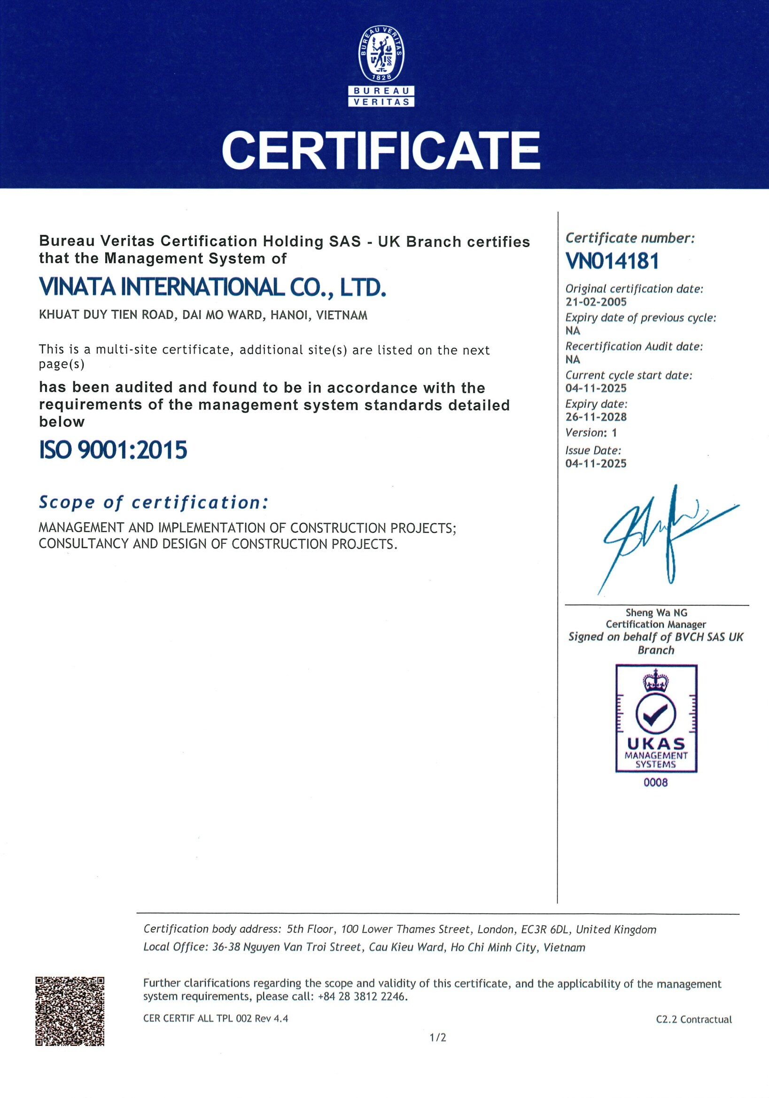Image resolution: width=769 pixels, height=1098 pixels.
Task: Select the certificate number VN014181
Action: click(612, 261)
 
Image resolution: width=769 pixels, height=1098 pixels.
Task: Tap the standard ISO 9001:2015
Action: click(113, 450)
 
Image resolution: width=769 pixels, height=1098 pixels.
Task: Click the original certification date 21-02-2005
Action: click(596, 302)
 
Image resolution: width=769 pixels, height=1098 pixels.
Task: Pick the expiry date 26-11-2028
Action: click(596, 417)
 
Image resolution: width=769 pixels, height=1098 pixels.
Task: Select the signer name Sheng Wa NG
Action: click(656, 612)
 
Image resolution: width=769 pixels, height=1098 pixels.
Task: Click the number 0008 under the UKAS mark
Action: click(656, 783)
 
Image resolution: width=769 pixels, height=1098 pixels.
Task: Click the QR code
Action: click(70, 1011)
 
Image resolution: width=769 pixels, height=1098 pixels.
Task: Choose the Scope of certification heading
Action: click(153, 502)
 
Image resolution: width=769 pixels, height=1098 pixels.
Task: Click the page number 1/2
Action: click(438, 1051)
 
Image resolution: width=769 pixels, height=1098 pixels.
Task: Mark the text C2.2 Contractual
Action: click(694, 1019)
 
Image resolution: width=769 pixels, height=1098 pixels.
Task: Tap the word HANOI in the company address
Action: click(287, 316)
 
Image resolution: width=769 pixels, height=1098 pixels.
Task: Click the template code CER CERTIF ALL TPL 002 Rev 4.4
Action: click(216, 1019)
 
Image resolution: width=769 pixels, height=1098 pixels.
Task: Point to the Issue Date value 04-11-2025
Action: click(596, 464)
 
